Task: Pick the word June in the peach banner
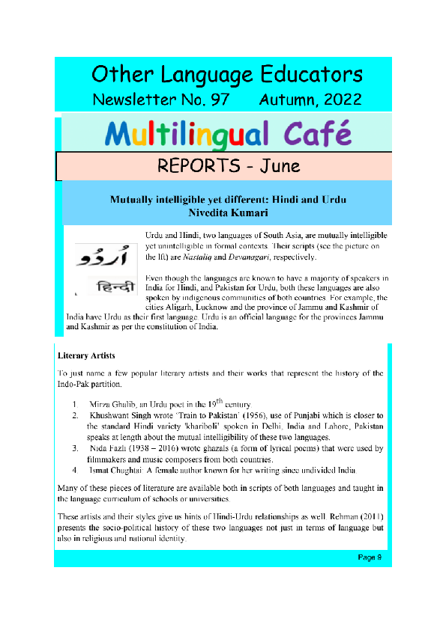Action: click(280, 165)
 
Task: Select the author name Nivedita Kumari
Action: click(228, 213)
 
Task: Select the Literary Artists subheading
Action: click(85, 355)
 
